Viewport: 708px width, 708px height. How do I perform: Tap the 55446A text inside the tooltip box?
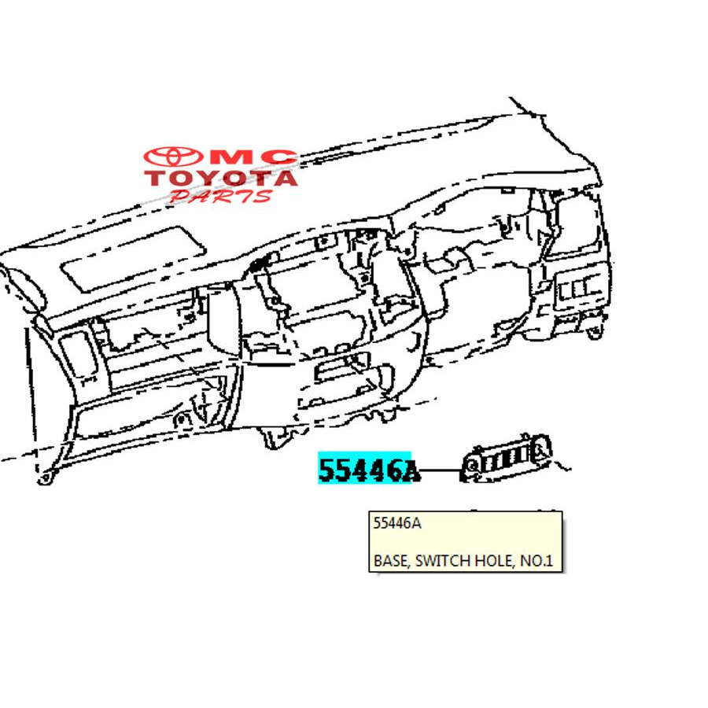point(397,523)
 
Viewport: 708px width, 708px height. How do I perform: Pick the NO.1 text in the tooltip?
point(537,560)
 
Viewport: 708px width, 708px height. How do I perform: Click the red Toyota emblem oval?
point(173,157)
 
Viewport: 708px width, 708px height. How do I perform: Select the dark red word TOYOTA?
point(221,178)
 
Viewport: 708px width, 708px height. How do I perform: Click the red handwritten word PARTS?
point(221,197)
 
